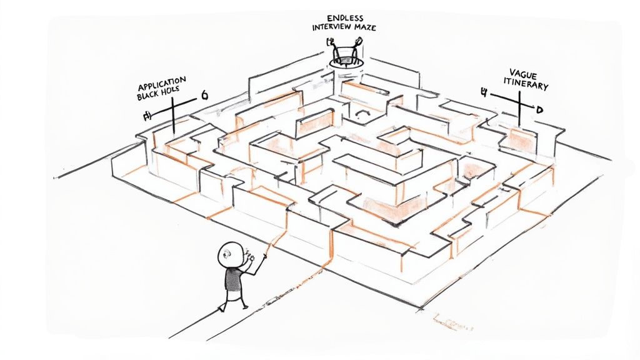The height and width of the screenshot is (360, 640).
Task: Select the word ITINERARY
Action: pos(526,85)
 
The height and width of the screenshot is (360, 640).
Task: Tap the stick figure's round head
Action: pos(229,254)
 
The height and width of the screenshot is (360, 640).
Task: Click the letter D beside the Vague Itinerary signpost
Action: pos(539,109)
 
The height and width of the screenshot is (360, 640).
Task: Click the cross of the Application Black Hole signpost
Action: pos(172,109)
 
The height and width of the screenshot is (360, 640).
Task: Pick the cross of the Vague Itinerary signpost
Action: pos(519,101)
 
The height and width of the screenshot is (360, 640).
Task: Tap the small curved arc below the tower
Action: pos(361,114)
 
